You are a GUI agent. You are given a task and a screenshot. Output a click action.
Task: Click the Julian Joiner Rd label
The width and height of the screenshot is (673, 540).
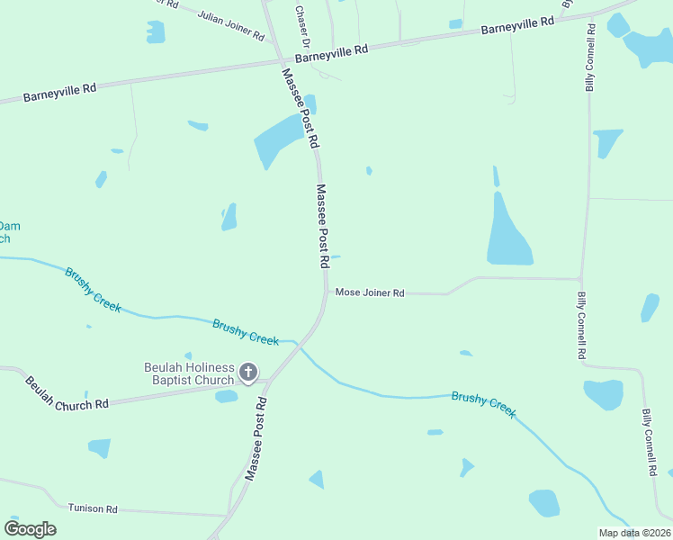point(231,27)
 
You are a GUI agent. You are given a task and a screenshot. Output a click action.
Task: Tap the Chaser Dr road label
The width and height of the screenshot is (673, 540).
point(303,27)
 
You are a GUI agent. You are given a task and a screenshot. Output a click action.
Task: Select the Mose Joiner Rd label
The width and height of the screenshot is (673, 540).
point(370,292)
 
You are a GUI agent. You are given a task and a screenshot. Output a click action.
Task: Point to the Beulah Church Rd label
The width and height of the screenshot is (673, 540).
point(67,393)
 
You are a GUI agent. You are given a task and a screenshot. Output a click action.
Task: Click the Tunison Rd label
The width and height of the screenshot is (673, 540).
point(93,508)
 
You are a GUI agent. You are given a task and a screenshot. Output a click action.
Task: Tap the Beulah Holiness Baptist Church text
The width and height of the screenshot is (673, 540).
point(189,373)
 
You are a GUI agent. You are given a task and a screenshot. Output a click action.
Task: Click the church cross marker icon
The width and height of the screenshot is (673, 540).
point(249,372)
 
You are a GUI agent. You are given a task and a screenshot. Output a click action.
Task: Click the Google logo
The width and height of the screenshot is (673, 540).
point(30,529)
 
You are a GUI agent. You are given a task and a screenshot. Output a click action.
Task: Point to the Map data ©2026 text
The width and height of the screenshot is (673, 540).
point(634,533)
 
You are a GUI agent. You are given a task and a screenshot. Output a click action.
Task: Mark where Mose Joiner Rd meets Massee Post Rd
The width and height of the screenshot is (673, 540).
point(325,292)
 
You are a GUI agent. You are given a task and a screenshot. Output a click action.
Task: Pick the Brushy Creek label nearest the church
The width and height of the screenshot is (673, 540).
point(246,332)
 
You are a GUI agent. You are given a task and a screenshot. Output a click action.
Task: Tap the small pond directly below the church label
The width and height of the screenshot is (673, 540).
point(227,396)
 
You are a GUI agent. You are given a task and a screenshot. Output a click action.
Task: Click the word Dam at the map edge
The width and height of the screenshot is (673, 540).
point(9,225)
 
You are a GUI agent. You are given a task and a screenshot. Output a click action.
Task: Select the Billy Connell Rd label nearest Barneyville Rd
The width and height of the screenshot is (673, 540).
point(591,57)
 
